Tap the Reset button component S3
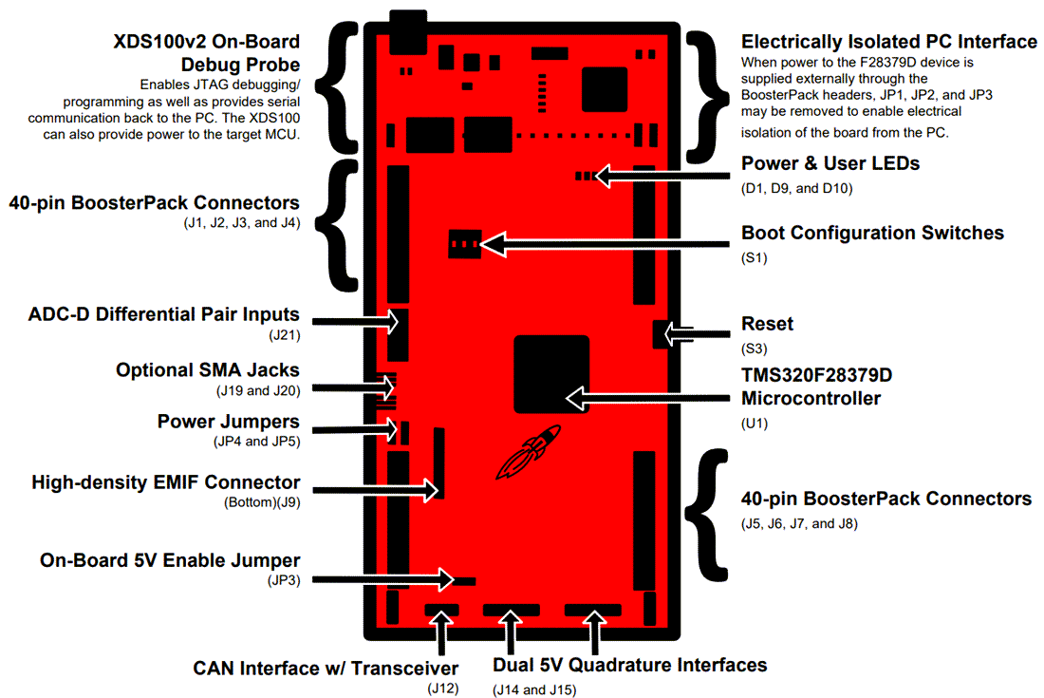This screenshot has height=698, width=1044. (x=662, y=333)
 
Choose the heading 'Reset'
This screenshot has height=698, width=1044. (x=767, y=324)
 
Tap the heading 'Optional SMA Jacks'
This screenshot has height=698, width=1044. (x=208, y=370)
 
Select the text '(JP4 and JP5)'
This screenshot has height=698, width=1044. (x=256, y=442)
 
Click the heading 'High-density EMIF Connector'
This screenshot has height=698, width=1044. (x=165, y=482)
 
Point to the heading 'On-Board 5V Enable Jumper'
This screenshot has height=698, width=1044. (x=170, y=560)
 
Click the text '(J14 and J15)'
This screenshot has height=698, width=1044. (x=533, y=689)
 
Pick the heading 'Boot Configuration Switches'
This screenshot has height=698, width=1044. (x=872, y=233)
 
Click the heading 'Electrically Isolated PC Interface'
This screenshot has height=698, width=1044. (x=889, y=42)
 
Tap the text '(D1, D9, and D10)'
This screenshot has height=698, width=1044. (x=796, y=188)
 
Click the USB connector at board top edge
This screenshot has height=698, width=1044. (x=408, y=31)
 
